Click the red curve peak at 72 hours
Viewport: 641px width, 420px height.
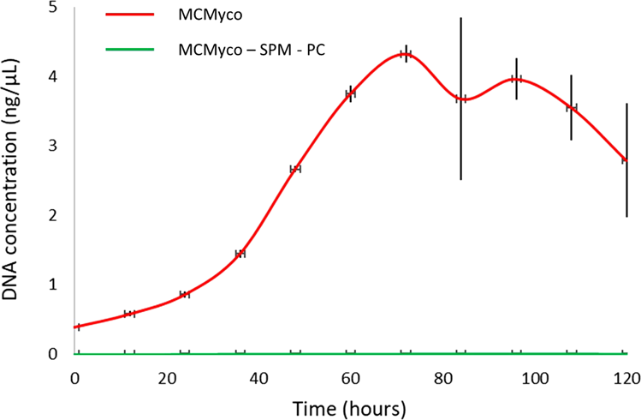click(406, 54)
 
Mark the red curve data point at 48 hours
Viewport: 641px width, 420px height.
click(295, 169)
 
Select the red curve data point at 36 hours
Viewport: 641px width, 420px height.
click(240, 254)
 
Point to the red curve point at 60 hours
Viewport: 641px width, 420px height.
click(350, 94)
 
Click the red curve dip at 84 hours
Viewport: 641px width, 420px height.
click(460, 99)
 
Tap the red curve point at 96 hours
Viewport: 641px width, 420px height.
click(516, 79)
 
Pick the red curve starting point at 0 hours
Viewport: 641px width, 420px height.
click(77, 327)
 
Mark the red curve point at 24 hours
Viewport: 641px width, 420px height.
click(185, 294)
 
